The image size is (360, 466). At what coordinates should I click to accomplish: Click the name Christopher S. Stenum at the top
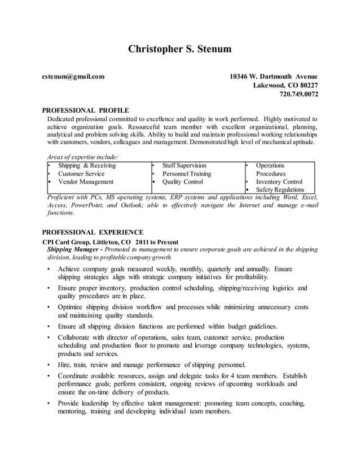pyautogui.click(x=179, y=49)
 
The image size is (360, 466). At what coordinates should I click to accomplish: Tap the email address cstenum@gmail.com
pyautogui.click(x=73, y=76)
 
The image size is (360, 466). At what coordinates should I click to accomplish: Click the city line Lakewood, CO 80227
pyautogui.click(x=285, y=85)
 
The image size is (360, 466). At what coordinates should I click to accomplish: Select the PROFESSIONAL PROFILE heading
pyautogui.click(x=86, y=110)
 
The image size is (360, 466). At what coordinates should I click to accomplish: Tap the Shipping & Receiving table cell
pyautogui.click(x=87, y=165)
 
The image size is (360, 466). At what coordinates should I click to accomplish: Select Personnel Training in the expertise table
pyautogui.click(x=186, y=174)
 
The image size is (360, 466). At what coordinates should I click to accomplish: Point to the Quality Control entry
pyautogui.click(x=183, y=182)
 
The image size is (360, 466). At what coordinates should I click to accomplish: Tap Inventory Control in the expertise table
pyautogui.click(x=279, y=182)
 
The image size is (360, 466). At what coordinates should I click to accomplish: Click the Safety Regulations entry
pyautogui.click(x=280, y=190)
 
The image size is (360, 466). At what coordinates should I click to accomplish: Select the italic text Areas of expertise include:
pyautogui.click(x=82, y=156)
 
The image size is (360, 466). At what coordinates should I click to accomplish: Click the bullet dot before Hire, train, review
pyautogui.click(x=50, y=364)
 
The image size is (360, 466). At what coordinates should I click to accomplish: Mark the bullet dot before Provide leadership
pyautogui.click(x=50, y=404)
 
